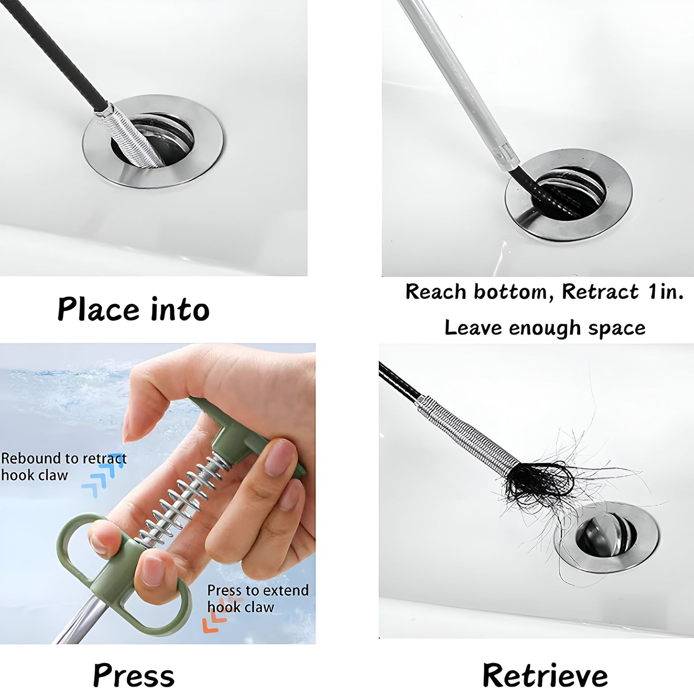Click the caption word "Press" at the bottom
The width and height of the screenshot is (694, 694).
point(134,675)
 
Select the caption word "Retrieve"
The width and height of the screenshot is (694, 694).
point(545,675)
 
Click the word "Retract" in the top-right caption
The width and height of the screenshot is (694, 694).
point(600,292)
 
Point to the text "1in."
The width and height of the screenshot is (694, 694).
point(665,292)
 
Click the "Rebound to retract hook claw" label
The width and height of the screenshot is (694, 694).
point(63,466)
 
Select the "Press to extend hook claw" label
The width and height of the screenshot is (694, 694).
point(257,598)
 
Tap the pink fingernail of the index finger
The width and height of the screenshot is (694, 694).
point(280,457)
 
